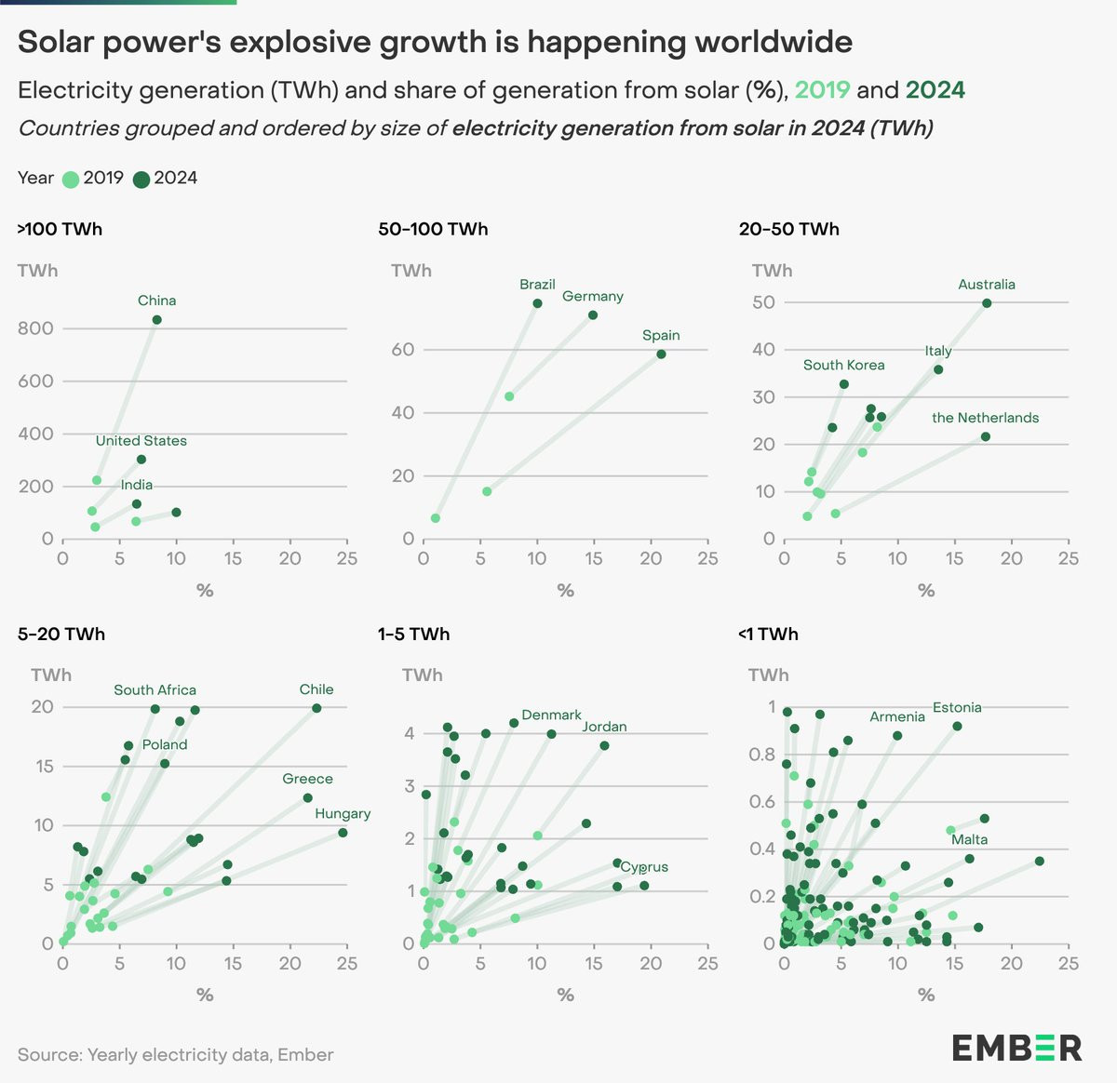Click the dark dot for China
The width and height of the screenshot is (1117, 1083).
[x=156, y=319]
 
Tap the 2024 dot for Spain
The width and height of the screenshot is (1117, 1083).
[x=661, y=354]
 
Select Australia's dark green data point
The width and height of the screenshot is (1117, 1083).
[x=987, y=303]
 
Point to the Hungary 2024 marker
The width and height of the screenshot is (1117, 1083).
[x=343, y=833]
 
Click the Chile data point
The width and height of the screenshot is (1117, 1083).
[x=316, y=708]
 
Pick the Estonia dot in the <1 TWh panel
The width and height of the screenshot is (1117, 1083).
[x=957, y=727]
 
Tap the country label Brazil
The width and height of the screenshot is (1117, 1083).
[x=537, y=285]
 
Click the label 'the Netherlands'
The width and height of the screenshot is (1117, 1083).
[x=985, y=418]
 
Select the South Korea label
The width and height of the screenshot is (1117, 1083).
[x=843, y=365]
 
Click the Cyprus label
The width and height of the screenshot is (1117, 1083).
[x=644, y=867]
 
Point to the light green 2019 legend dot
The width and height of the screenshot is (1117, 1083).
[x=71, y=180]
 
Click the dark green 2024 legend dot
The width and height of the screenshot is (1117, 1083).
[x=141, y=180]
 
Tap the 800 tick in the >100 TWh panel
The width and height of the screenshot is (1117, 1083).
[x=35, y=328]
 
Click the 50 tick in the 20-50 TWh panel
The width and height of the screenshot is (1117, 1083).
[x=764, y=302]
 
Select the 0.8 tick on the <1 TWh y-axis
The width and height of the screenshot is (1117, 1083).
[x=761, y=755]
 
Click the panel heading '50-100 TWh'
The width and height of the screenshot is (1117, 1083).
[x=433, y=230]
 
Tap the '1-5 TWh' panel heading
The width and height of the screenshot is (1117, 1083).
[x=414, y=634]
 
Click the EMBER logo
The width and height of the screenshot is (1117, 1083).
[x=1017, y=1049]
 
